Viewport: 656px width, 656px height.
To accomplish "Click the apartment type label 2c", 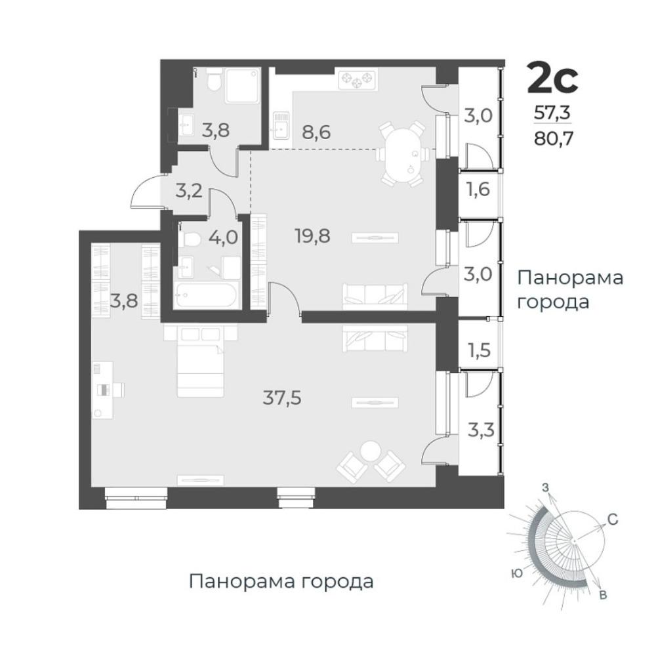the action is click(552, 78).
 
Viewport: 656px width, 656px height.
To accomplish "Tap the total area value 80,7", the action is click(553, 138).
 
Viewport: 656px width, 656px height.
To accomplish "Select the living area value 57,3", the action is click(552, 113).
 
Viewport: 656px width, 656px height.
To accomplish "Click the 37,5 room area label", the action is click(282, 398).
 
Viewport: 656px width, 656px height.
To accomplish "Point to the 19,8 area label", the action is click(312, 236).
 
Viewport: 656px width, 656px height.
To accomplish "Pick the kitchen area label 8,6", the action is click(316, 133).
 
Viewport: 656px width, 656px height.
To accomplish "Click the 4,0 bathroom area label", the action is click(224, 237).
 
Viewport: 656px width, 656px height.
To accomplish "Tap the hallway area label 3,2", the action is click(189, 191).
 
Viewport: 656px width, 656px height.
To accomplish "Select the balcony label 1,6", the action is click(479, 190).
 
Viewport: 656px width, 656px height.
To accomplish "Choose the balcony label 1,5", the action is click(479, 350).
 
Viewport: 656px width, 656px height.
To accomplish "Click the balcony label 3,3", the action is click(480, 430).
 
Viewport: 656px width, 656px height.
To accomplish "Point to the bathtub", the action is click(206, 295).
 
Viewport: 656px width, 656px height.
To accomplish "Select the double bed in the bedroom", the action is click(200, 361).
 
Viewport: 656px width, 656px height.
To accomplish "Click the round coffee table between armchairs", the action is click(370, 451).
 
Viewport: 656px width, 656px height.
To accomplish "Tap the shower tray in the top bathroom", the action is click(242, 86).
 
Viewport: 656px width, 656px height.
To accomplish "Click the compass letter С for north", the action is click(613, 520).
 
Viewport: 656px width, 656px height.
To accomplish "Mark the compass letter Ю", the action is click(518, 574).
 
